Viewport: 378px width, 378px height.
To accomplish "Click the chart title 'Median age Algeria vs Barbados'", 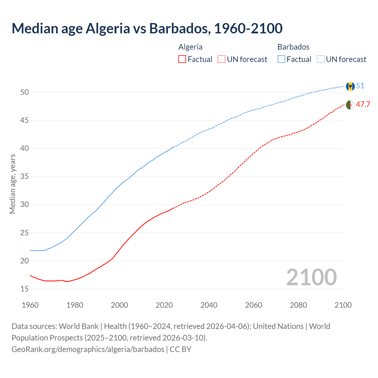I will tap(147, 28).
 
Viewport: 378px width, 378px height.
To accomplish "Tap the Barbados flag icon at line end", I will tap(350, 86).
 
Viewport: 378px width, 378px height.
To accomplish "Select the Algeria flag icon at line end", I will tap(350, 105).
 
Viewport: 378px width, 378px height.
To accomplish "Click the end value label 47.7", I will tap(363, 105).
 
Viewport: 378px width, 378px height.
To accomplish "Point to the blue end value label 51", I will tap(360, 86).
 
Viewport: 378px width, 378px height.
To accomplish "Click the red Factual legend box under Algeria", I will tap(182, 59).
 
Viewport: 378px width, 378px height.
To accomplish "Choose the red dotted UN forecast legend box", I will tap(221, 59).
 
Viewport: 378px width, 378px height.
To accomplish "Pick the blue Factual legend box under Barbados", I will tap(281, 59).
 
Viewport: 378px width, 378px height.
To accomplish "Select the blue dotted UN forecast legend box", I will tap(320, 59).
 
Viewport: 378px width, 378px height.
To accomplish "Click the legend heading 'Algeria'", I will tap(190, 47).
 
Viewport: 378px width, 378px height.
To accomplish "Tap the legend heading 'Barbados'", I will tap(293, 47).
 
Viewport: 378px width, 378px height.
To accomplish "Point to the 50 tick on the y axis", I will tap(25, 92).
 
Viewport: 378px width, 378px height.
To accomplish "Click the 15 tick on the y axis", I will tap(25, 289).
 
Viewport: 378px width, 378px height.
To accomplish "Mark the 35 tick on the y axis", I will tap(25, 177).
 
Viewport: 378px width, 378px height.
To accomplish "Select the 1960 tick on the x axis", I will tap(30, 305).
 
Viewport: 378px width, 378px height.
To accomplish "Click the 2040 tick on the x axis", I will tap(209, 305).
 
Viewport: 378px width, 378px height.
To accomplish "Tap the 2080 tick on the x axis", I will tap(298, 305).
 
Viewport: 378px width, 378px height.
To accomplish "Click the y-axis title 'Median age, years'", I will tap(12, 184).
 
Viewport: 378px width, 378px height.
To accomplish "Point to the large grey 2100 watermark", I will tap(311, 277).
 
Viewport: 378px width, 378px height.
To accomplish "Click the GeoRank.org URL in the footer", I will tap(88, 349).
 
